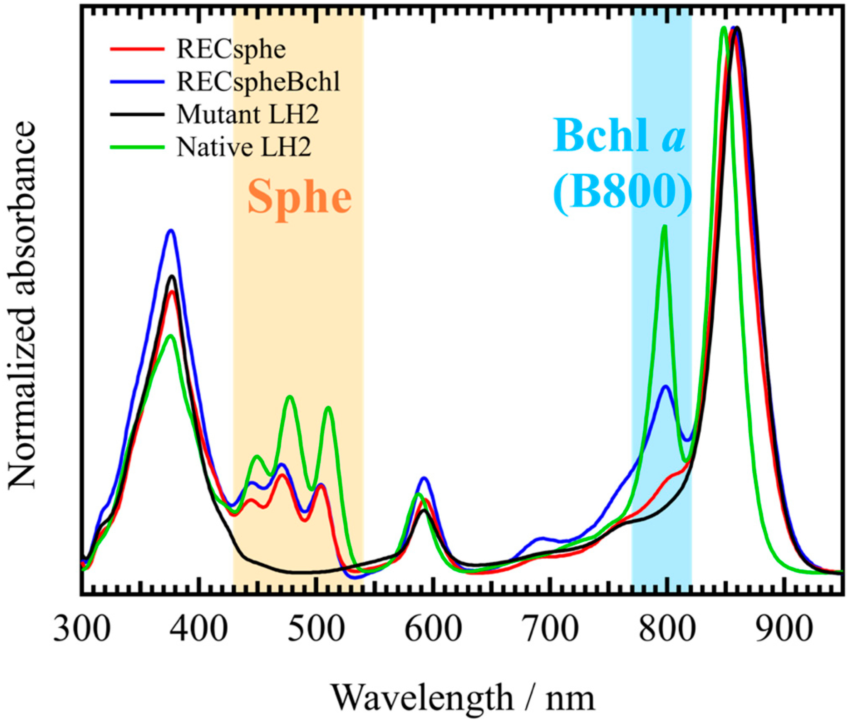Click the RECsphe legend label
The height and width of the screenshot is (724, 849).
point(231,50)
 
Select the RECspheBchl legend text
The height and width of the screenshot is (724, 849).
point(258,82)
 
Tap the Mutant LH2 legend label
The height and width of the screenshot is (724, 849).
point(248,114)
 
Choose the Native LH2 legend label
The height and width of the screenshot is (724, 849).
point(244,147)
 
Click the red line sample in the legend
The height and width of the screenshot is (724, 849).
point(137,49)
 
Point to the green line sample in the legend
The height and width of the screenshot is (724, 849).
point(137,147)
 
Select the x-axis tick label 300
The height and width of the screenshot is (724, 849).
point(82,629)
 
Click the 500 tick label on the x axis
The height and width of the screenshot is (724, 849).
point(316,629)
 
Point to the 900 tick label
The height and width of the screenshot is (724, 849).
point(784,629)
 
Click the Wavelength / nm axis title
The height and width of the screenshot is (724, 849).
point(463,698)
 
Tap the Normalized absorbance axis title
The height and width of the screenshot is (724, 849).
point(23,305)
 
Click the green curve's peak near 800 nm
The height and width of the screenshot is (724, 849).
point(664,226)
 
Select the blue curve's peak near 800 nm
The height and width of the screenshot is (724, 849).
point(666,387)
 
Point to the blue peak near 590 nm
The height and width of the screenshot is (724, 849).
point(424,478)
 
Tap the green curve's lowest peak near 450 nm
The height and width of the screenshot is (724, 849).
point(257,456)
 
